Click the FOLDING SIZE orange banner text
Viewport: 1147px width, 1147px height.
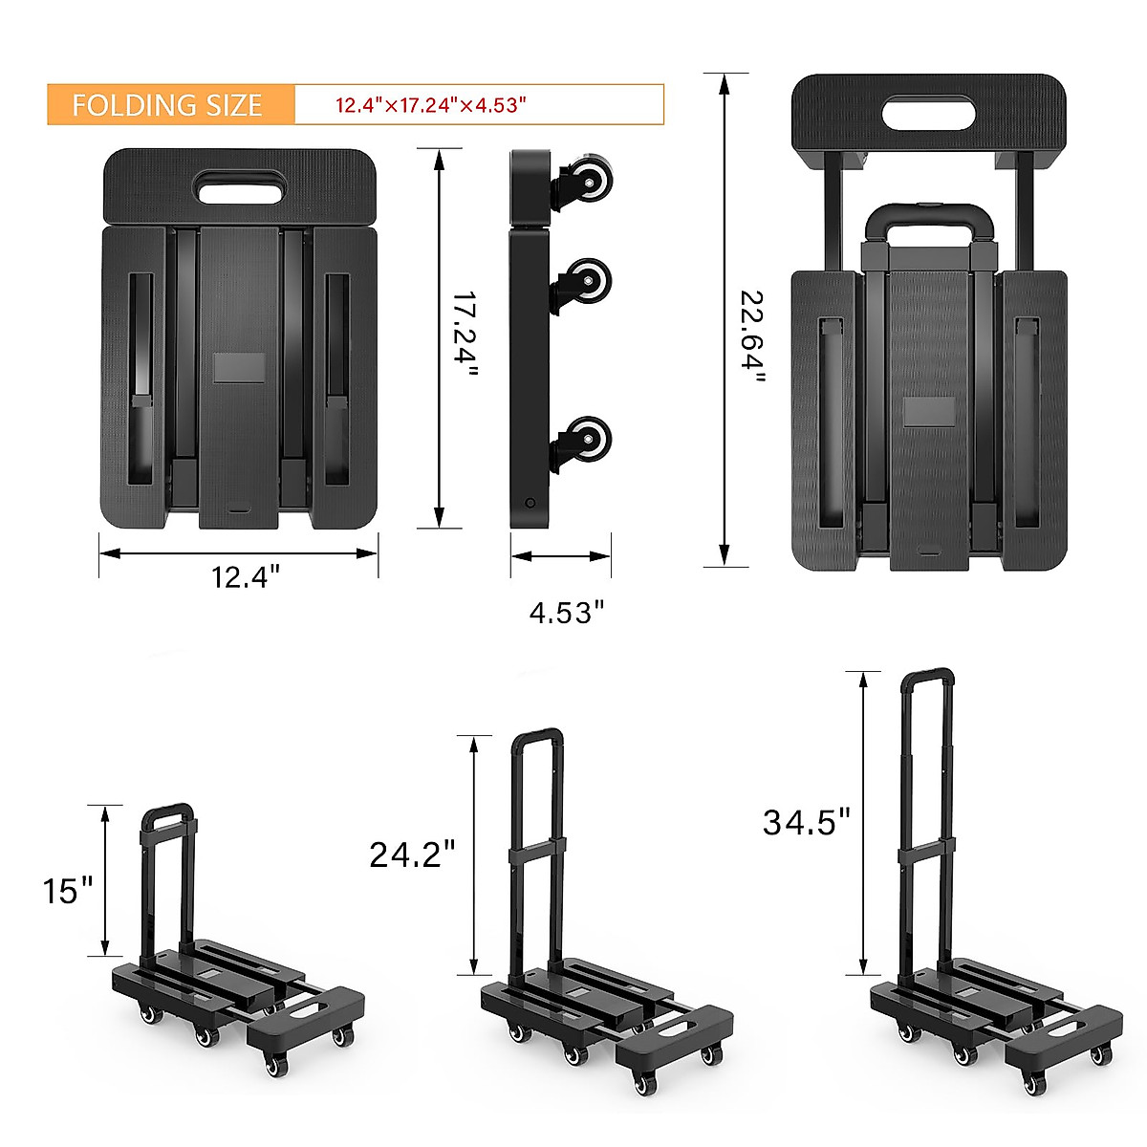pos(167,105)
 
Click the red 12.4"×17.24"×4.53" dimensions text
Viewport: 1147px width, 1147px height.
pos(431,105)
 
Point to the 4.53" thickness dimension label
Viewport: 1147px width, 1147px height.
pos(567,613)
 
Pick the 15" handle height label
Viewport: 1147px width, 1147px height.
pos(68,890)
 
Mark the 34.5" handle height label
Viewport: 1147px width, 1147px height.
pos(806,821)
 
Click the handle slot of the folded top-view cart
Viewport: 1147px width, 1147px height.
pos(241,186)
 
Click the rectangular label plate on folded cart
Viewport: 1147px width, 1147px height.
pos(239,368)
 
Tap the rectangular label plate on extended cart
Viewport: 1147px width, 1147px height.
pos(929,412)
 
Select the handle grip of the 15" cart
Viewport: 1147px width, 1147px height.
pos(168,812)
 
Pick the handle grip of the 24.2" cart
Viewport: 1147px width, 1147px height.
pos(537,737)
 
